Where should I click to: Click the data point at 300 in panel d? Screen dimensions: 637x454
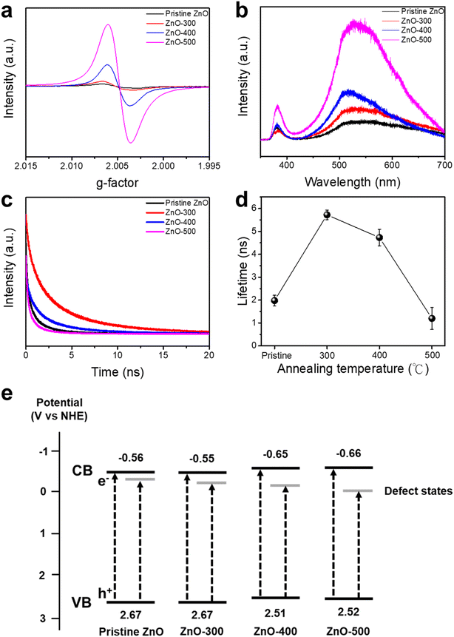[326, 215]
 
